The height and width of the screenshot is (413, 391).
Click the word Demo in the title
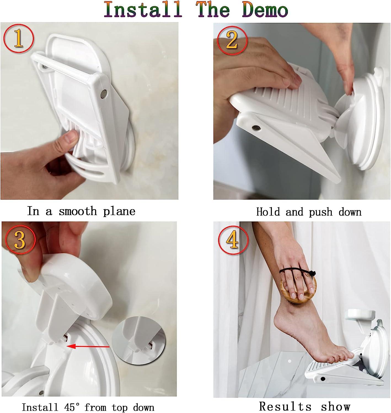265,10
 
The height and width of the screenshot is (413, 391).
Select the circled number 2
232,40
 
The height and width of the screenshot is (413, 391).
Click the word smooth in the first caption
78,211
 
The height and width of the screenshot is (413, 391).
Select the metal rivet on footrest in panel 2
257,128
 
